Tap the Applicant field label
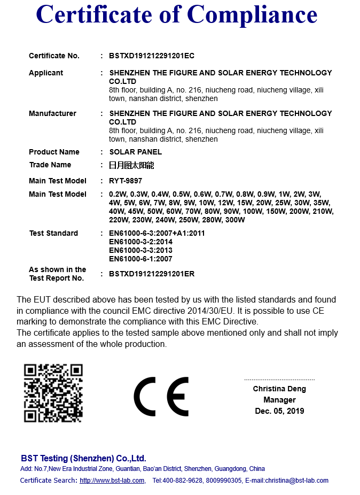click(46, 73)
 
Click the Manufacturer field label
click(52, 113)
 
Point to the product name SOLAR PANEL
click(135, 152)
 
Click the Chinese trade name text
click(131, 165)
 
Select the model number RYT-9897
click(126, 181)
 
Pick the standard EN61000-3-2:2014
click(140, 242)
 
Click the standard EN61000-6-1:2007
click(140, 259)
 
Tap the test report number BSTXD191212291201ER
click(152, 274)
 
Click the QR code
click(53, 393)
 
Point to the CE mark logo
click(161, 397)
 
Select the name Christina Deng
click(279, 389)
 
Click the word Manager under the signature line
click(279, 400)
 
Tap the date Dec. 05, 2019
click(279, 411)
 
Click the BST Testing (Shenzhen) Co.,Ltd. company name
click(83, 458)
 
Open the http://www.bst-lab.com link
click(112, 481)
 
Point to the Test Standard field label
click(53, 233)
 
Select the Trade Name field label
click(50, 165)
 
